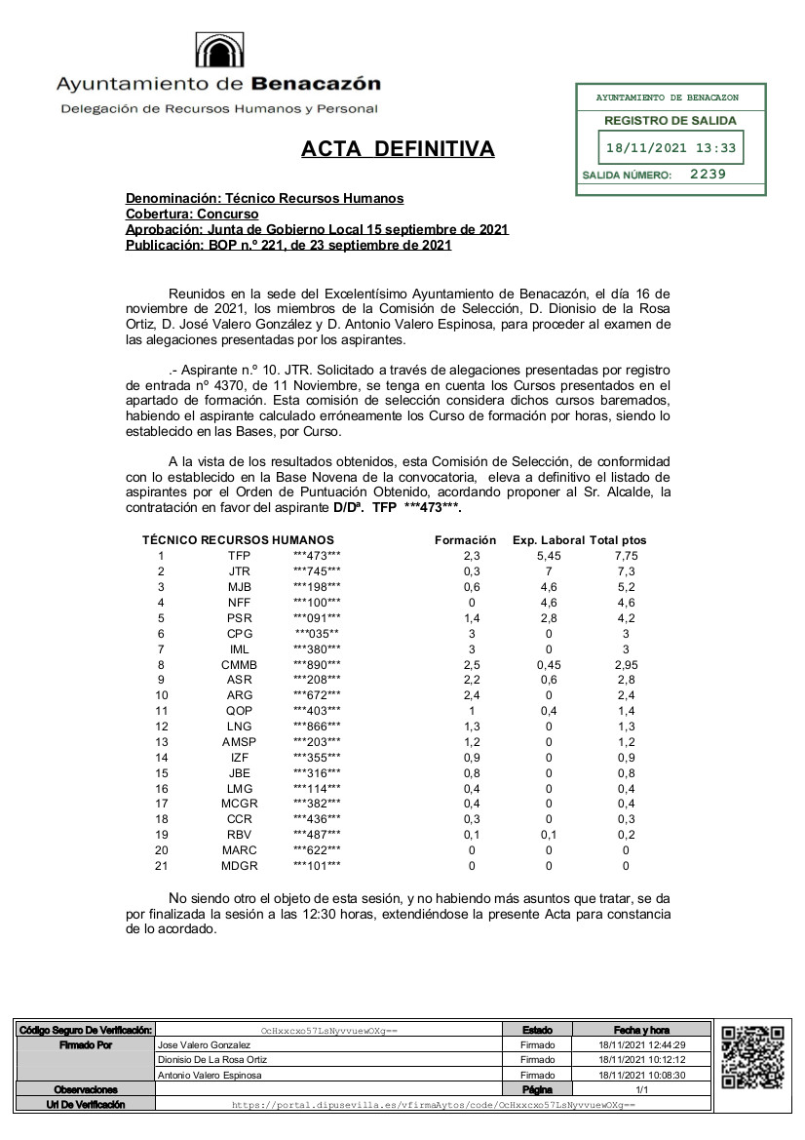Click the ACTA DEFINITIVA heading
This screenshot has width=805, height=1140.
pos(398,149)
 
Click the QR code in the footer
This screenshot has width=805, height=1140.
pos(752,1057)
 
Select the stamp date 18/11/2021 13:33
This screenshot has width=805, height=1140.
pos(671,149)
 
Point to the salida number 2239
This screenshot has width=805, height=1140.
pos(708,175)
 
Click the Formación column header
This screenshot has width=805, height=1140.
pos(466,539)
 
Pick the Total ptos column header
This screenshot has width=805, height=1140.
pos(619,539)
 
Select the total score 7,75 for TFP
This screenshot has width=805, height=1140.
pos(627,555)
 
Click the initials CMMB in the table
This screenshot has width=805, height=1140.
pos(239,664)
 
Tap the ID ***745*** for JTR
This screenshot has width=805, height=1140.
pos(318,570)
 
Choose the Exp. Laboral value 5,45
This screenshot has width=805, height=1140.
pos(549,555)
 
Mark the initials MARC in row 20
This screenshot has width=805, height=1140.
pos(239,850)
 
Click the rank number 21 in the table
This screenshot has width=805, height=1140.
pos(161,866)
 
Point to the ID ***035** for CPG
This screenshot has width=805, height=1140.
pos(318,633)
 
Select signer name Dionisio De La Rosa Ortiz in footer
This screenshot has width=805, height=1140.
pos(212,1059)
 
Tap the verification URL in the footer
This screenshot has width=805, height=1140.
pos(433,1105)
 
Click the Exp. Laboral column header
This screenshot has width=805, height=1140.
pos(549,539)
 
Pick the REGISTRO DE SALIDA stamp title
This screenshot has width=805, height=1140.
pos(671,121)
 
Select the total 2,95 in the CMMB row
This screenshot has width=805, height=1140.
pos(627,664)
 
